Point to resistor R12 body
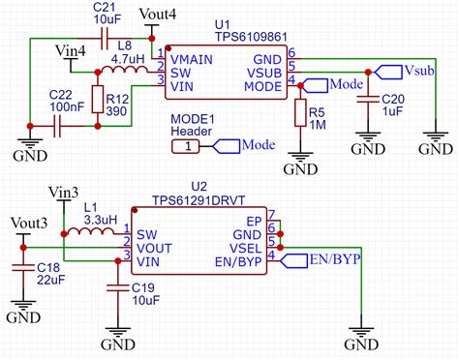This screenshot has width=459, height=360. pos(98,102)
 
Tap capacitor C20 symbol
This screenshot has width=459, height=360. pos(368,98)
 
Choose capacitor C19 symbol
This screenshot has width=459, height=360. pos(115,286)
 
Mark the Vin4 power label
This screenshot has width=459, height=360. pos(73,49)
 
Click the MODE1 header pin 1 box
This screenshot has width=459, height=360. pos(188,146)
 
